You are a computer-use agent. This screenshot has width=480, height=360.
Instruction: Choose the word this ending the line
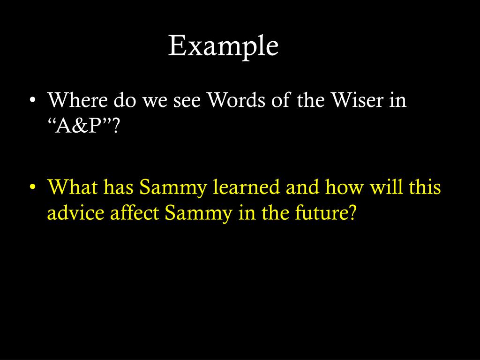pos(425,187)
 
